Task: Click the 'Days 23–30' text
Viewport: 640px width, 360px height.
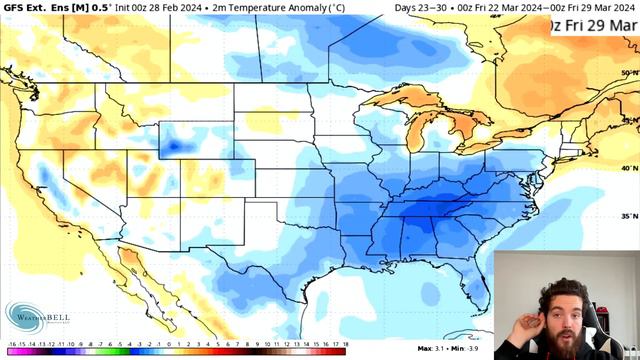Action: [419, 8]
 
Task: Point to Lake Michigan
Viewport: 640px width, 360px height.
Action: [411, 135]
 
